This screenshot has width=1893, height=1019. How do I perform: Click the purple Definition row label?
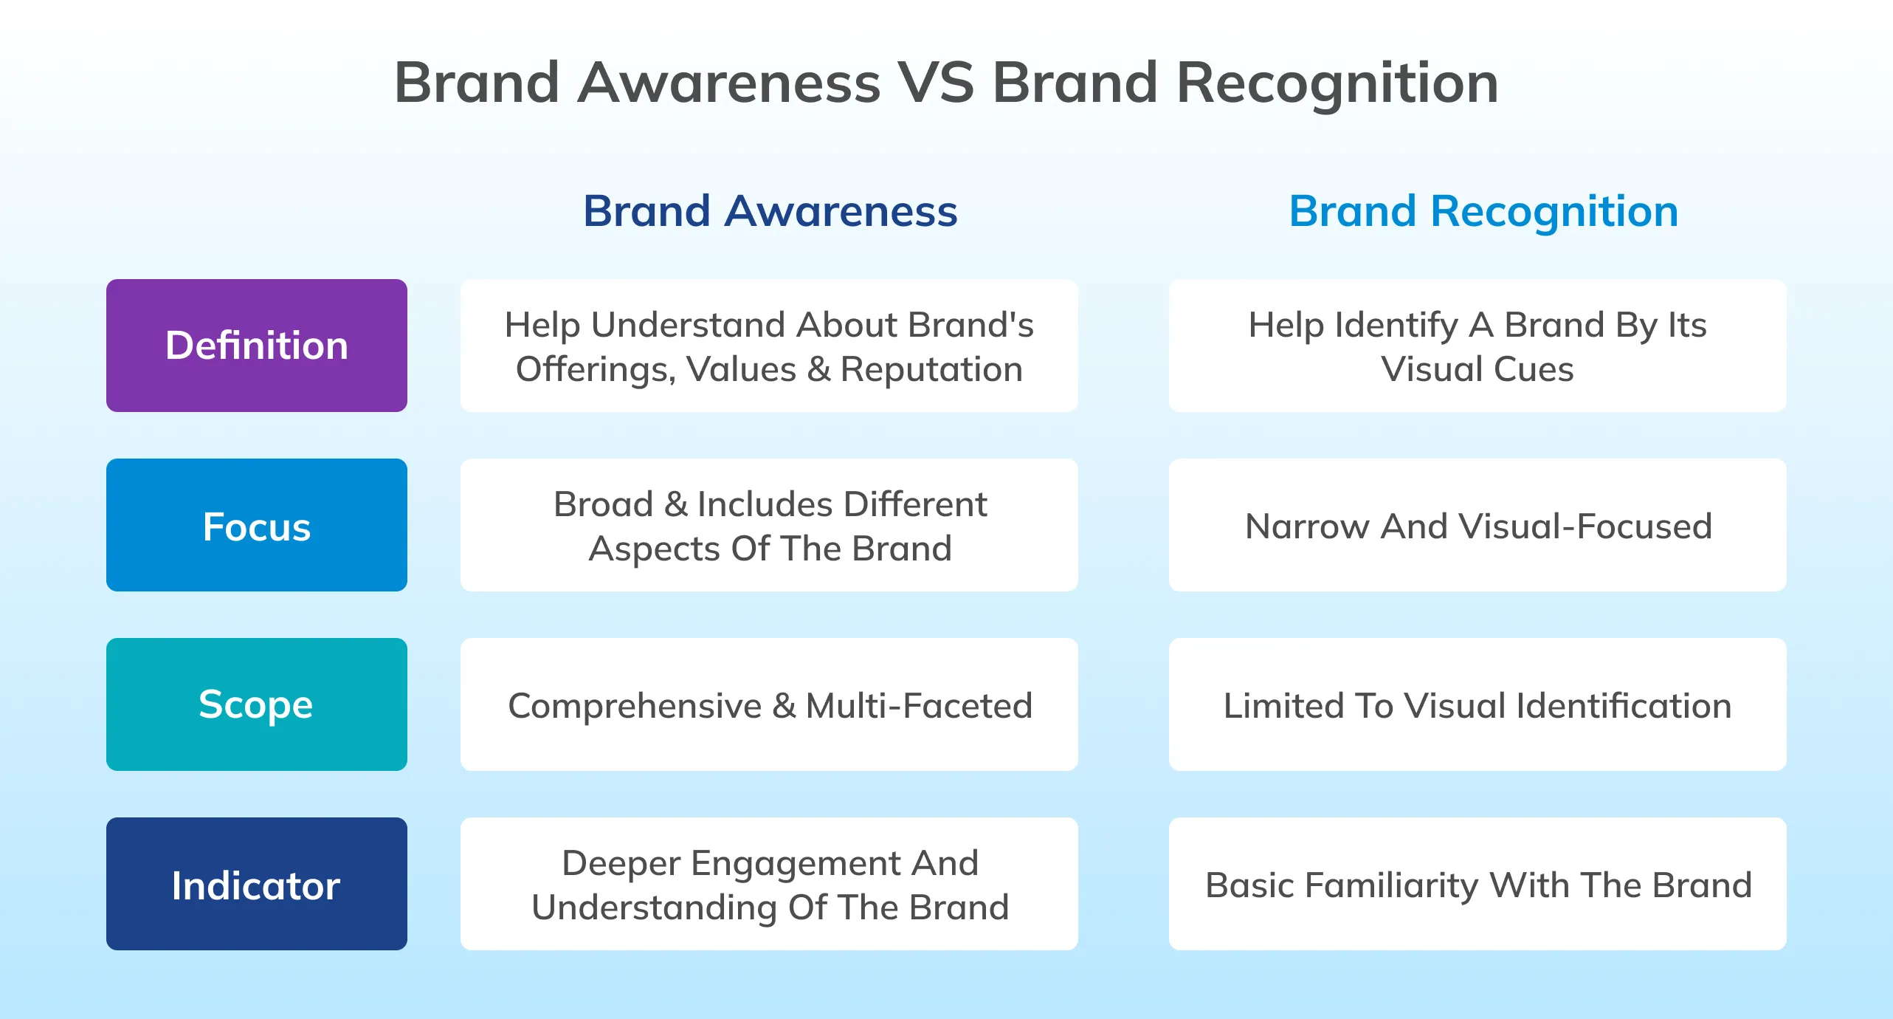coord(256,346)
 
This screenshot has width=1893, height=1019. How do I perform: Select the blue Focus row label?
coord(256,526)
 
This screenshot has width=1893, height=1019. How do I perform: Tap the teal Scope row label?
coord(256,704)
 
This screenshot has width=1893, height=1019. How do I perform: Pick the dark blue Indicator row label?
coord(256,884)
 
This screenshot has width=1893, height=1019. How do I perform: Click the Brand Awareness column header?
coord(770,211)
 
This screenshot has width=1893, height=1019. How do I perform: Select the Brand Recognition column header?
coord(1483,211)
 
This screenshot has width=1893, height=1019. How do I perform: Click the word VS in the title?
coord(936,83)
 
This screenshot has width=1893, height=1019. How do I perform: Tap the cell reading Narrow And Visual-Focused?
coord(1477,526)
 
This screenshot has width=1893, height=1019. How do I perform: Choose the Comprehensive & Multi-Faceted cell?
coord(769,705)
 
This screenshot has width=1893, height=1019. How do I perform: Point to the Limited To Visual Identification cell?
coord(1477,705)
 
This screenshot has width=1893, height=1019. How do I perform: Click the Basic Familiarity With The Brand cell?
coord(1477,885)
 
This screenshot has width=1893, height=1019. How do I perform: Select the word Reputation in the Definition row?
coord(931,369)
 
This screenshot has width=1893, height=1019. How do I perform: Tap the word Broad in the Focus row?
coord(603,504)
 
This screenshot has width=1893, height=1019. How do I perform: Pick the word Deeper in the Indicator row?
coord(621,863)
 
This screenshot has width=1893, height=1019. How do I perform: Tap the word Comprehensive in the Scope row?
coord(635,705)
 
